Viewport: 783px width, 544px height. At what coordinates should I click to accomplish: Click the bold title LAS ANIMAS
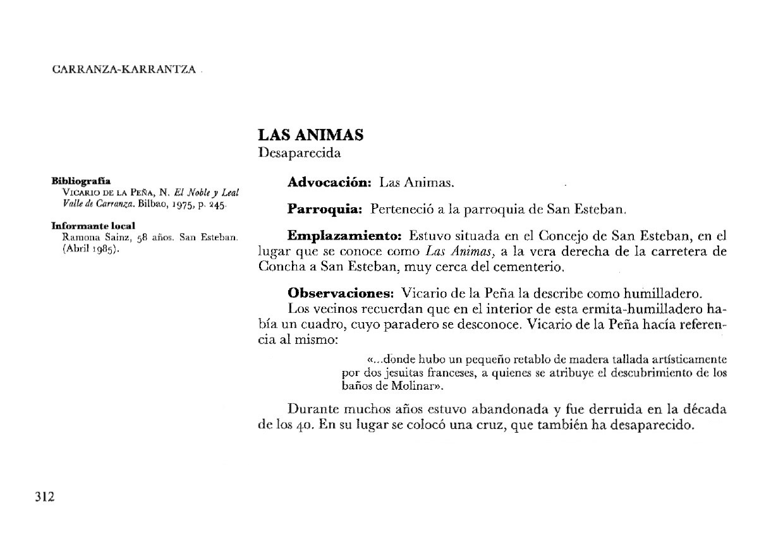tap(310, 135)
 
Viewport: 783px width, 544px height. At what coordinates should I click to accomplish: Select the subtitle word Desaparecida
tap(300, 153)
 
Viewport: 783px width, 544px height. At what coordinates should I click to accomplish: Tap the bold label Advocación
tap(329, 183)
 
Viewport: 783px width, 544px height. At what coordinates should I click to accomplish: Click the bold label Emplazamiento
tap(344, 237)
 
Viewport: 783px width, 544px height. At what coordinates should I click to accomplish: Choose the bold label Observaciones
tap(341, 294)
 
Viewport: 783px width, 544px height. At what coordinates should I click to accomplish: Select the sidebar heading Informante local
tap(94, 226)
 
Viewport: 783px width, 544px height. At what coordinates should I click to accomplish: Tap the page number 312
tap(44, 497)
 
